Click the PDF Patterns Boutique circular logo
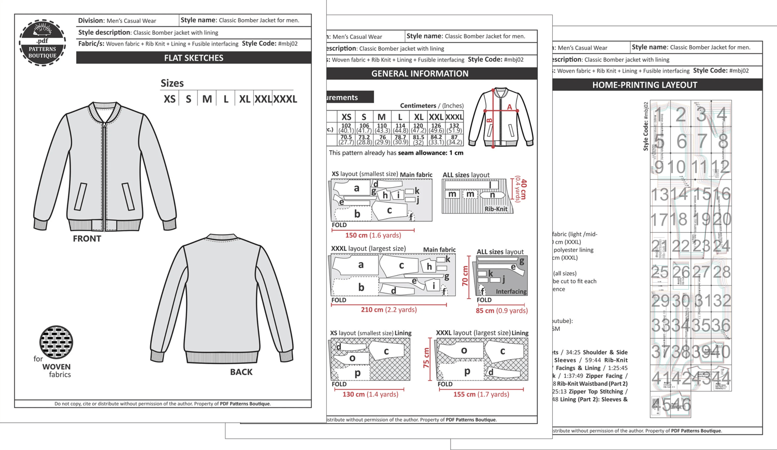coord(42,43)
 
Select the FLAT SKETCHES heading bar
coord(193,58)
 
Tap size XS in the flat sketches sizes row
coord(169,99)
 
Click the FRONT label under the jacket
coord(87,238)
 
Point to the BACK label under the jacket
coord(241,372)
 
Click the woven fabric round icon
coord(56,342)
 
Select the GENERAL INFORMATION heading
coord(420,74)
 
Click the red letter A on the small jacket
coord(509,107)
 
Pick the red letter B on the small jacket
coord(490,121)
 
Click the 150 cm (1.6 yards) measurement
coord(373,235)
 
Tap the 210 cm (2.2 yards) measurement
coord(388,310)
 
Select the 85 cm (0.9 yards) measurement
coord(501,311)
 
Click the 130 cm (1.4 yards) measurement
coord(370,394)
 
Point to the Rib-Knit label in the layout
coord(496,209)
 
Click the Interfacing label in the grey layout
coord(511,291)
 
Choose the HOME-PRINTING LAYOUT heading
coord(644,85)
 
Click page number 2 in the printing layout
coord(681,115)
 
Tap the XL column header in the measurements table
coord(419,117)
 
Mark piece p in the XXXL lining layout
coord(467,371)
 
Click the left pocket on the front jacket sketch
coord(80,196)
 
